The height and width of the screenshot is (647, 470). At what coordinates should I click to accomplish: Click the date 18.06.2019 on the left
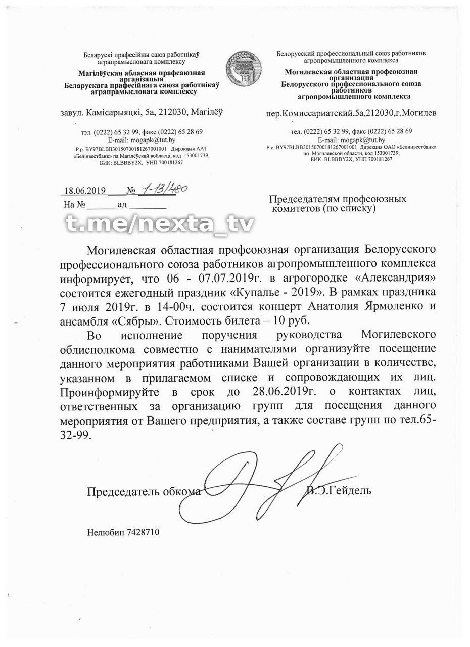(x=82, y=191)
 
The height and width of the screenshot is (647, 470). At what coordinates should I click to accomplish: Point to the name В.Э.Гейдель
(x=339, y=490)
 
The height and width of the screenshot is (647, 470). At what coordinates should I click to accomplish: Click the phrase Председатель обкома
(x=144, y=491)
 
